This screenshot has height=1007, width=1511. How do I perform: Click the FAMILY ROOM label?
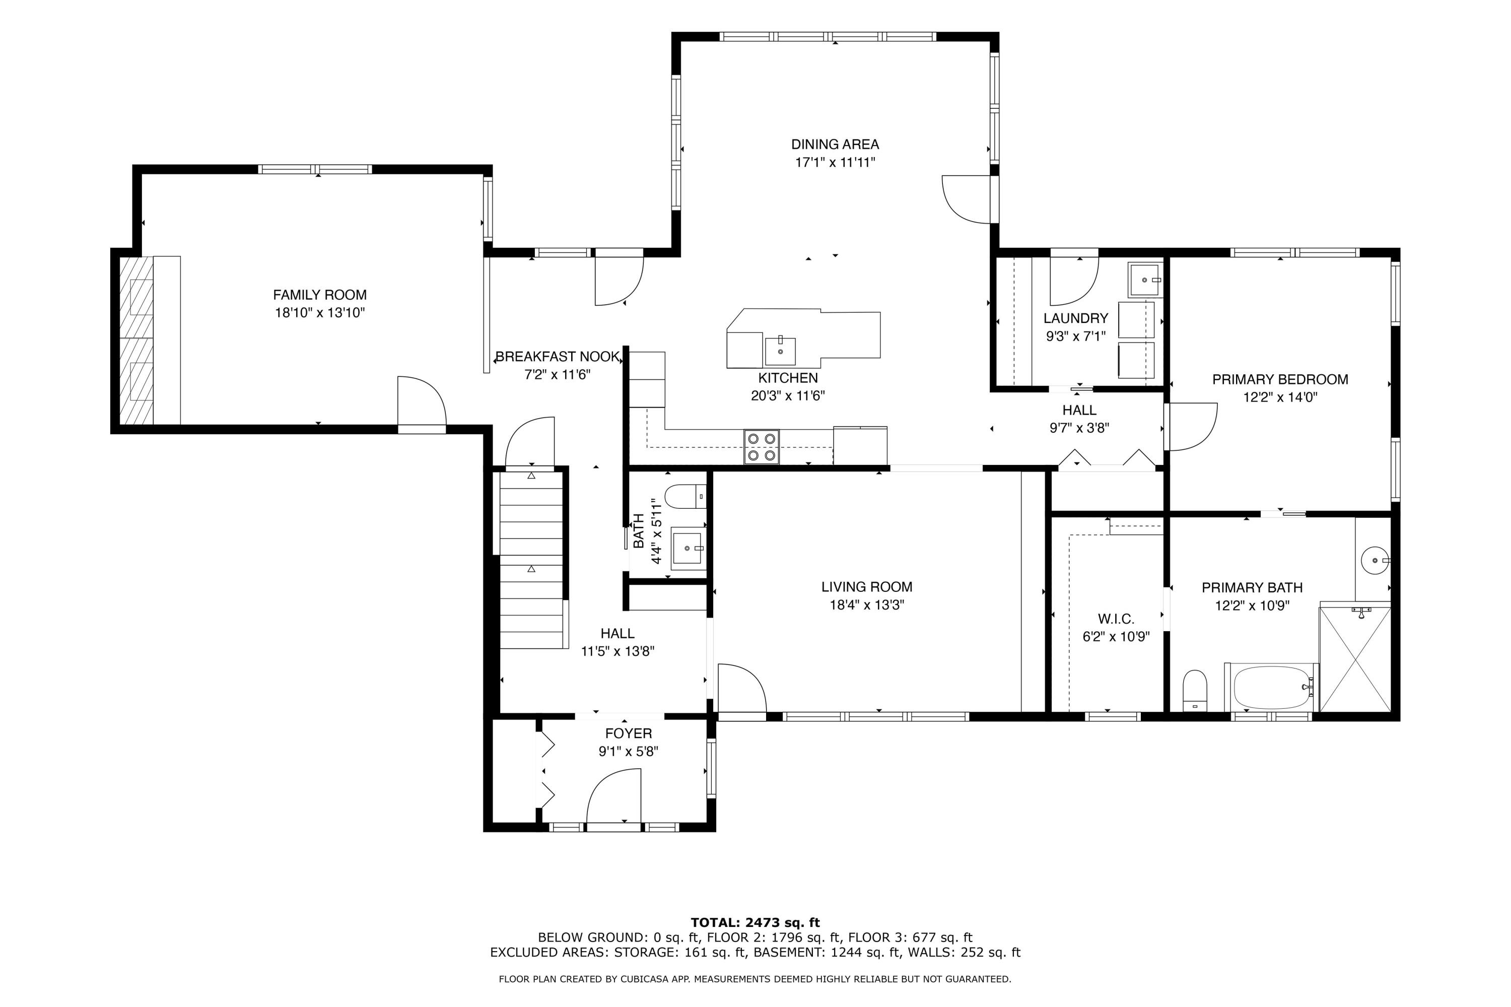click(x=319, y=295)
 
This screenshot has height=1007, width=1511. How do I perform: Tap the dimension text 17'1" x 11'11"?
click(x=834, y=163)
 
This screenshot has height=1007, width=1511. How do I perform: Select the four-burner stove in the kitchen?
click(x=761, y=446)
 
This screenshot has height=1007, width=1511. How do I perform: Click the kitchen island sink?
click(x=780, y=350)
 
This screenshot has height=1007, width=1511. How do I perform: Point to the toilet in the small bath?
click(x=684, y=496)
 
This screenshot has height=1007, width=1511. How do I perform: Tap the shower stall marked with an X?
click(x=1354, y=658)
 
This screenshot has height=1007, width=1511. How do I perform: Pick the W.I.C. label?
click(x=1116, y=619)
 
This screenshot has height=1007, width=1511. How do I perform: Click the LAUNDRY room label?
click(x=1075, y=318)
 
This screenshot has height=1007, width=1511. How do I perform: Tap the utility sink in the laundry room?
click(x=1145, y=281)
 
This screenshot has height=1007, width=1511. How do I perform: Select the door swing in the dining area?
click(x=967, y=199)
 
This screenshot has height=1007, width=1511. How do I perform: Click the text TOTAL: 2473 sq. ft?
click(x=754, y=923)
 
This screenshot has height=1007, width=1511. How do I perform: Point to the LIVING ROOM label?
click(x=866, y=586)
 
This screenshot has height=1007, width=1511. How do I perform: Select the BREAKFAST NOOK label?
click(x=557, y=357)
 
